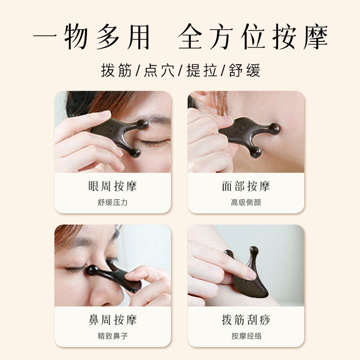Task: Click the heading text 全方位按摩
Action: tap(253, 37)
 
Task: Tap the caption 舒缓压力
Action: tap(113, 202)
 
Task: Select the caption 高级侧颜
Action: tap(246, 202)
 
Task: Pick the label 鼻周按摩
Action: tap(113, 320)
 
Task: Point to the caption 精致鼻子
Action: tap(113, 336)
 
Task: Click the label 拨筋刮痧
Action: tap(246, 320)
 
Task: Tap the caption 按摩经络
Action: tap(246, 336)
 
